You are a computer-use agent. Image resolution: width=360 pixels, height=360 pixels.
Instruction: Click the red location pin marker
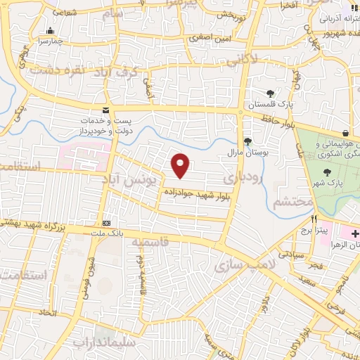point(181,165)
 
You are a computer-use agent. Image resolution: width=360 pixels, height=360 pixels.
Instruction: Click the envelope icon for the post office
point(105,110)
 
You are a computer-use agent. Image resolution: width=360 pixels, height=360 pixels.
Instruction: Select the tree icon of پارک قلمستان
point(270,94)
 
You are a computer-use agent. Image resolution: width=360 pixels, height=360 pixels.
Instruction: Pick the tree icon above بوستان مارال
point(247,141)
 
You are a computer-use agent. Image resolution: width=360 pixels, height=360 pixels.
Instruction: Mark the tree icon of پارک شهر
point(326,172)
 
